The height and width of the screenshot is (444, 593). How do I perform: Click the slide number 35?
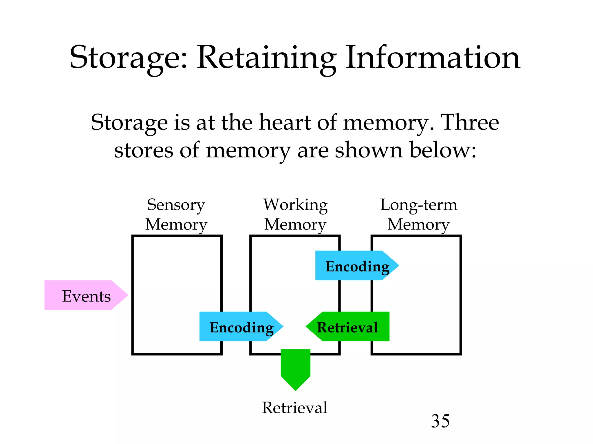point(440,421)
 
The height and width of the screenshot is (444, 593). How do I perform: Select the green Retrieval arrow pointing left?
point(347,327)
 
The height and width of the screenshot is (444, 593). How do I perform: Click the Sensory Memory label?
point(176,214)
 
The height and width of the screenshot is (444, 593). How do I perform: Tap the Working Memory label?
point(295,214)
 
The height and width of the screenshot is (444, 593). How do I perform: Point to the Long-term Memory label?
point(419,214)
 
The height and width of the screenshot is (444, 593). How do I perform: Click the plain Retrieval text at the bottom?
point(294,408)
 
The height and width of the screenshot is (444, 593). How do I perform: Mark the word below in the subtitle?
point(443,150)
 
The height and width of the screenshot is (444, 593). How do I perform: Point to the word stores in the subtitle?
point(144,150)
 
